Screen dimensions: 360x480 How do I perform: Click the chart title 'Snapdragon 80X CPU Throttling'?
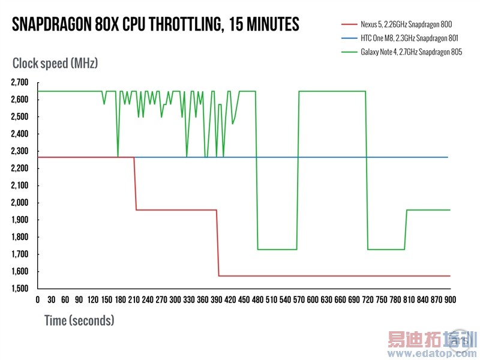155,25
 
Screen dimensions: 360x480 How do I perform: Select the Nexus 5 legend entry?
406,24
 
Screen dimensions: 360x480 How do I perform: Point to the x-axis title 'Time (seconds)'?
79,320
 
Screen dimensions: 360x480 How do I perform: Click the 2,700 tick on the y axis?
23,82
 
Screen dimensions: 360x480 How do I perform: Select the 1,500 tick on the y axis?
23,289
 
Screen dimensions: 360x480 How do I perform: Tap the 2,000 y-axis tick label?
23,203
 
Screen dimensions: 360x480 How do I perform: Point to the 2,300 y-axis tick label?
23,151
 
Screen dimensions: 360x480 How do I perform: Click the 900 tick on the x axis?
449,299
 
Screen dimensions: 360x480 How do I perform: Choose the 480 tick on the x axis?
257,299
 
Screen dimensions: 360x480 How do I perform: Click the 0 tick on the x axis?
38,299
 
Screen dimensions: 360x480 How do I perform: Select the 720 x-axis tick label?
367,299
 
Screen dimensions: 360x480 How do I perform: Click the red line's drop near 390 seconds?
217,243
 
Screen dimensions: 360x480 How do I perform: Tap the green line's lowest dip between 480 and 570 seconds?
277,249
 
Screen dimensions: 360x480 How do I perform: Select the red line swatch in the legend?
349,24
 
